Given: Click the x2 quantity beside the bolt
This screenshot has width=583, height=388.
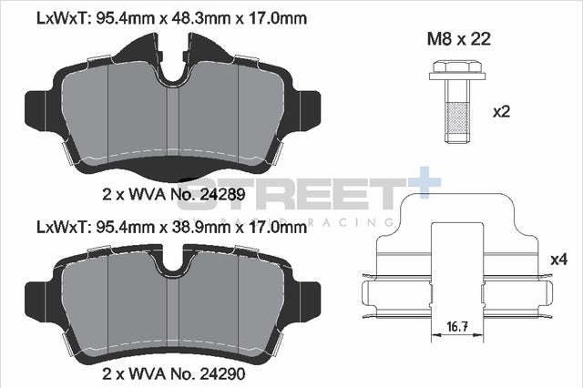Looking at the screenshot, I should (x=500, y=112).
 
